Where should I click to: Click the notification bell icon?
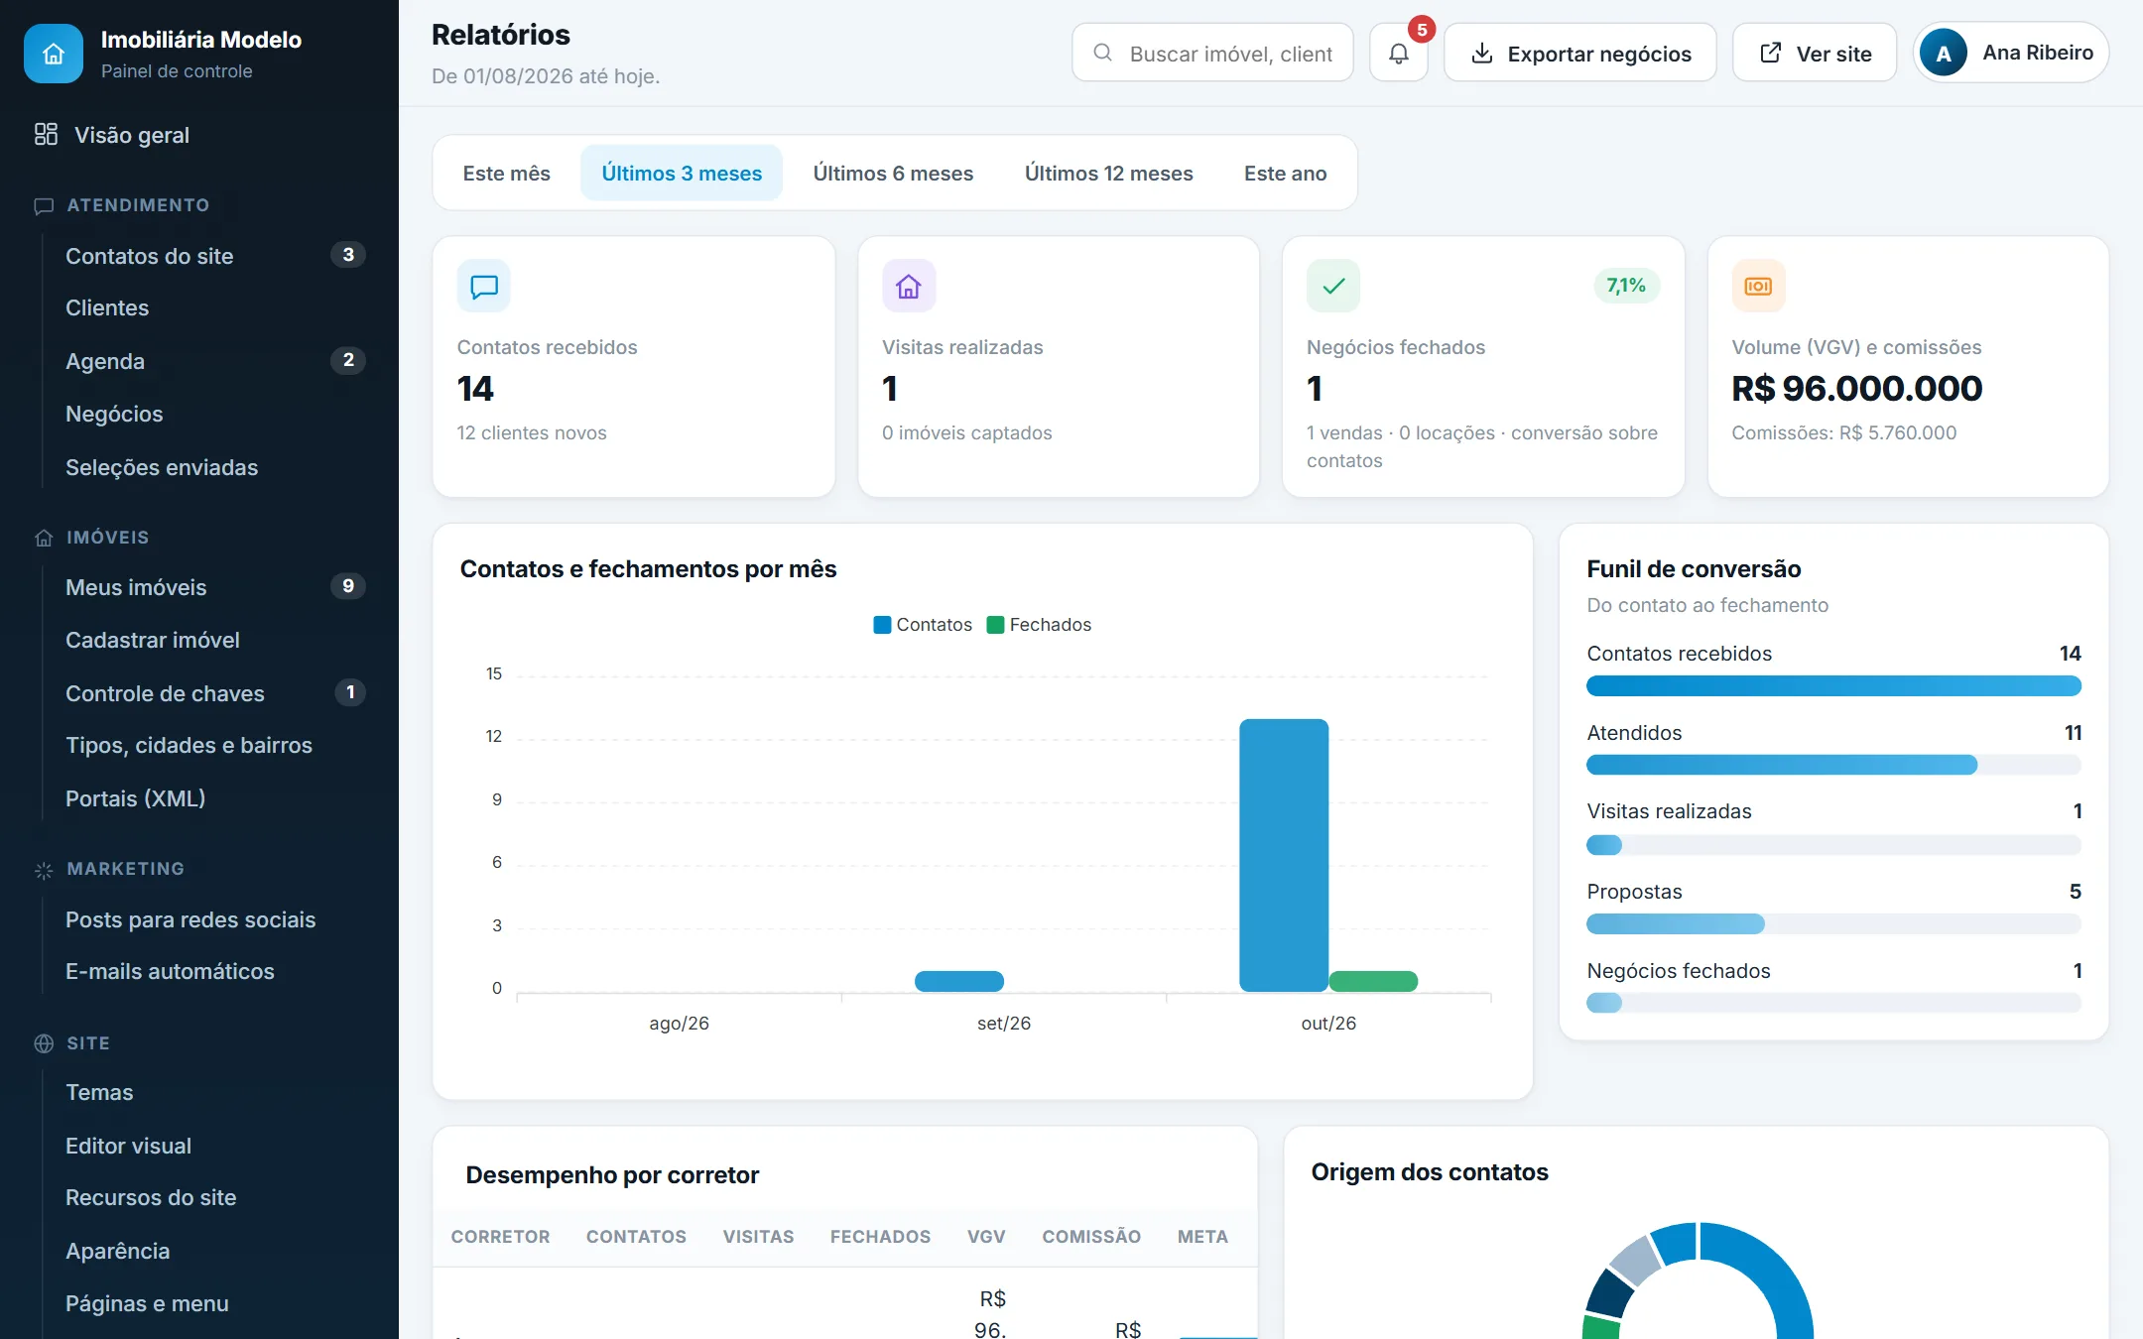tap(1398, 54)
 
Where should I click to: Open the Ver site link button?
tap(1815, 54)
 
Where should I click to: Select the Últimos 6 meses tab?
tap(893, 173)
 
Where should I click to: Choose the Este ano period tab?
tap(1285, 173)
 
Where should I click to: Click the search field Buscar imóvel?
tap(1212, 54)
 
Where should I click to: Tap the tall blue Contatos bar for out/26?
tap(1284, 855)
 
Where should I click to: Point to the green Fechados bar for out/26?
tap(1373, 981)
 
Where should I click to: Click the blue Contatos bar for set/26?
tap(959, 981)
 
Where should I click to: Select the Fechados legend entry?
tap(1039, 625)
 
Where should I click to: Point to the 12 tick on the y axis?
tap(494, 736)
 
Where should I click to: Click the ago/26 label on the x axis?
tap(680, 1023)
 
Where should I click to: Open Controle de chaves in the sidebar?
tap(165, 693)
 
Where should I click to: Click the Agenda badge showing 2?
tap(348, 360)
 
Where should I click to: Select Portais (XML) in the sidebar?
tap(135, 798)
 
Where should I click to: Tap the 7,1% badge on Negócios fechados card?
tap(1626, 286)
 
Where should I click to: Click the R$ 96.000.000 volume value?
tap(1857, 389)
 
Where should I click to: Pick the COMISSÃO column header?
tap(1091, 1237)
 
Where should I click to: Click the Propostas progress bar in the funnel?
tap(1833, 924)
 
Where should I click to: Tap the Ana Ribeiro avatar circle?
tap(1944, 54)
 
